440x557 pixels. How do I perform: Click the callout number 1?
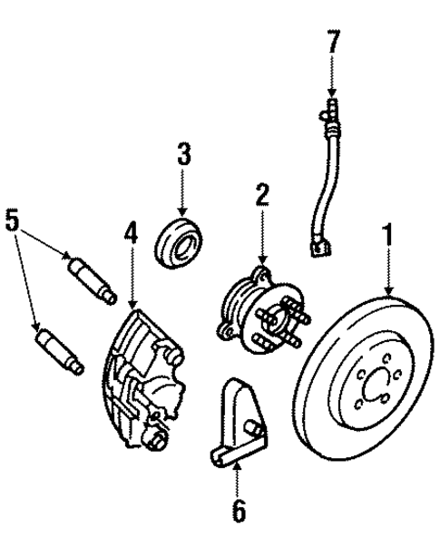coord(388,237)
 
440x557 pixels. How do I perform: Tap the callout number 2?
coord(261,193)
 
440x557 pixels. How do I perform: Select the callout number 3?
coord(184,154)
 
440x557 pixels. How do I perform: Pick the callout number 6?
coord(238,512)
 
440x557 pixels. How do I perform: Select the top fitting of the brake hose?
coord(331,113)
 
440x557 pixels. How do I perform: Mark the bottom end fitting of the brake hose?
coord(318,245)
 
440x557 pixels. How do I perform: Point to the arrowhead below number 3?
coord(184,210)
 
